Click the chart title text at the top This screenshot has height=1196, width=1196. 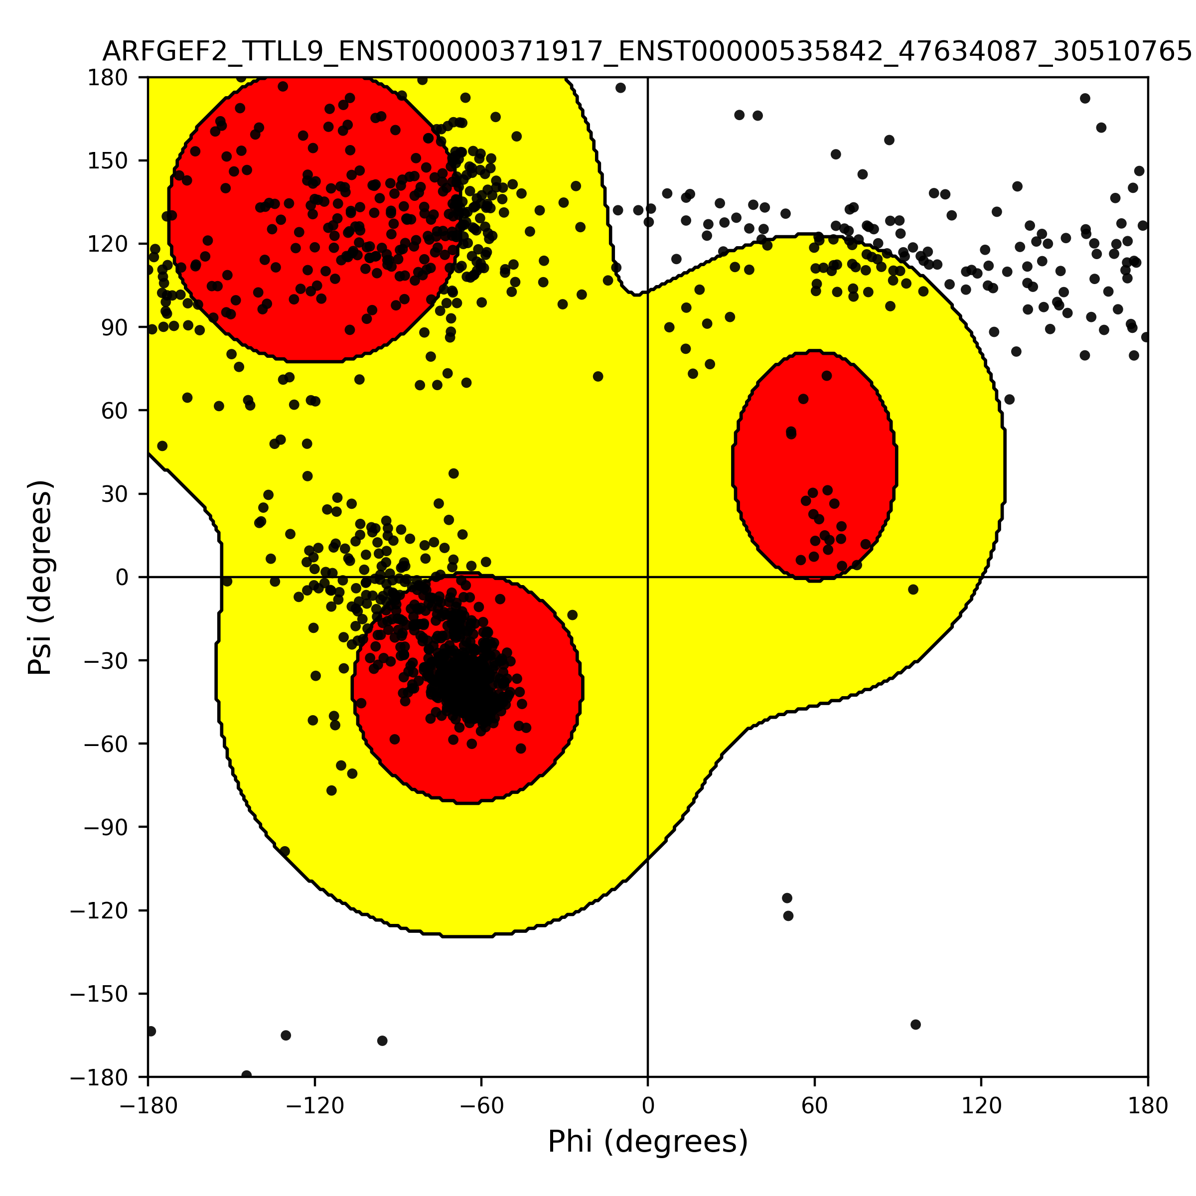click(x=647, y=52)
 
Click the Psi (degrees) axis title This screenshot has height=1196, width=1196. click(x=40, y=577)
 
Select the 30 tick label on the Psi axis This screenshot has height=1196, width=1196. click(x=115, y=494)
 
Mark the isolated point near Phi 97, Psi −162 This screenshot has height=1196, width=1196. click(x=915, y=1025)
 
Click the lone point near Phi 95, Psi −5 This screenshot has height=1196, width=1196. click(x=913, y=590)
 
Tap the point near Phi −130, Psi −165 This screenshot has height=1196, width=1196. click(x=286, y=1035)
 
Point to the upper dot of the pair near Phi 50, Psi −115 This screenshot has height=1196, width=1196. click(x=787, y=897)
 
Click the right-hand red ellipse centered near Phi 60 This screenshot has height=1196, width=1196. click(x=815, y=465)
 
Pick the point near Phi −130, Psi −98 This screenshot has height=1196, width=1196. click(x=285, y=851)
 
